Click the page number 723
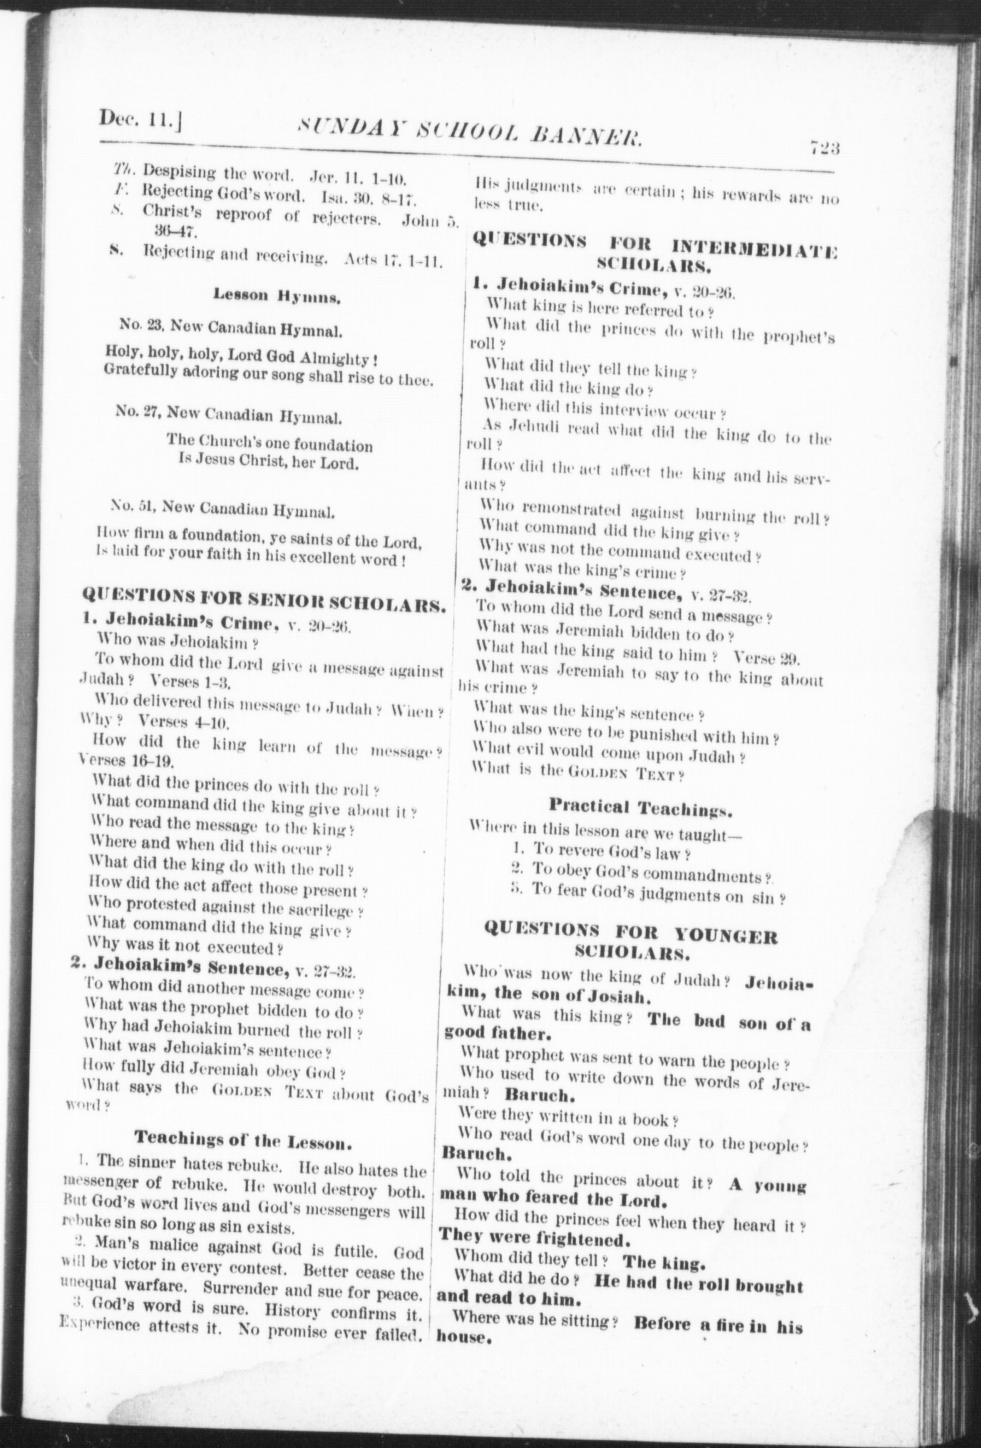825,148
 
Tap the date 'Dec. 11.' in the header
139,119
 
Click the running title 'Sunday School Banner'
471,133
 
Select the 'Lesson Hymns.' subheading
277,296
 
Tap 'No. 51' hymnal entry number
133,507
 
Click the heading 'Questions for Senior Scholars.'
264,601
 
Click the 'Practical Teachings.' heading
640,808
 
